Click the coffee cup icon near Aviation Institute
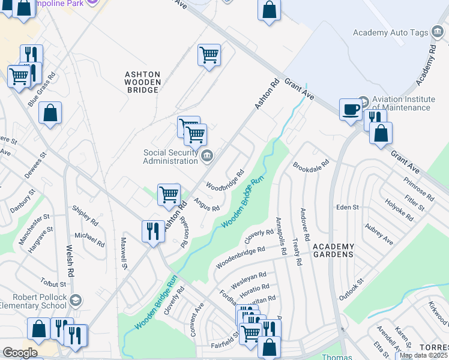point(351,110)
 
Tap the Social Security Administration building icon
point(206,157)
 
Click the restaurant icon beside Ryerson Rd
point(153,231)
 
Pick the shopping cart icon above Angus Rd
point(169,194)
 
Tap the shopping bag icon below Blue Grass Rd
point(50,113)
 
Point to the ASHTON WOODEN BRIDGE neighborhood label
point(142,82)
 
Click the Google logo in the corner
point(20,353)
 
